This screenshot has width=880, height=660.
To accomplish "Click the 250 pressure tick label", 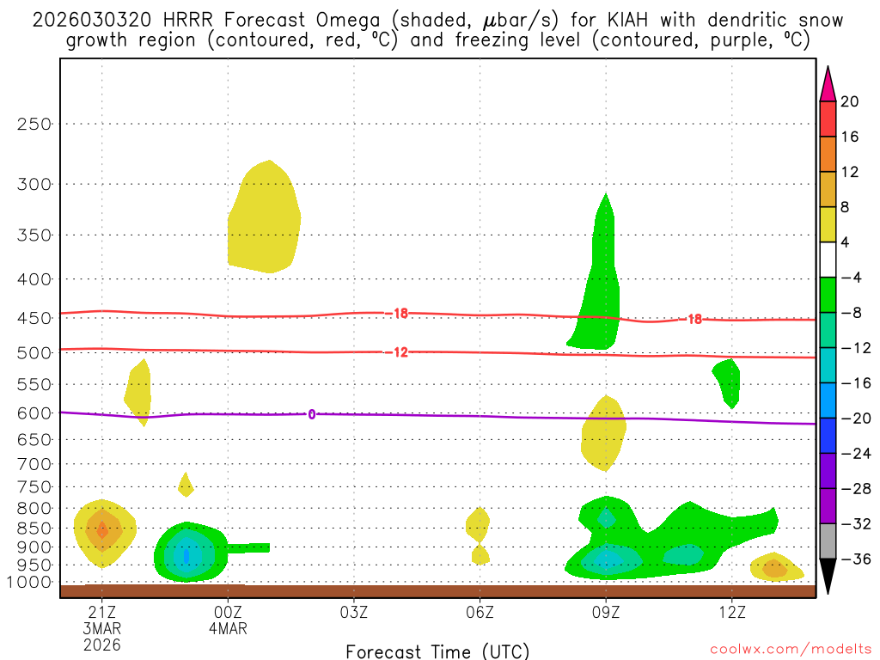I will [x=35, y=124].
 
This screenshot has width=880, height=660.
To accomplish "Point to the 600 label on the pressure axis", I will [x=35, y=413].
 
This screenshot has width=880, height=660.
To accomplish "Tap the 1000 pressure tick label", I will [x=31, y=583].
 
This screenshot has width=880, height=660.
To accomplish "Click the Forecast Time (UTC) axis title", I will [x=437, y=651].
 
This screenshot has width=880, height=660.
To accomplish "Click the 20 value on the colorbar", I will [x=849, y=102].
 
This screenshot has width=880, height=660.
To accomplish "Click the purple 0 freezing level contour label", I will [x=311, y=414].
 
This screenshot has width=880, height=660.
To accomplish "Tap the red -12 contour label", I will [x=400, y=351].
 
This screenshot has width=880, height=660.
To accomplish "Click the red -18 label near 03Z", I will [x=400, y=314].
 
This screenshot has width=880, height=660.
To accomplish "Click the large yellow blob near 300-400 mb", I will [x=265, y=219].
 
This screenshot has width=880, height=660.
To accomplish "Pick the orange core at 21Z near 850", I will [x=102, y=530].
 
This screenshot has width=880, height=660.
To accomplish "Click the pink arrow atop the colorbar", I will [x=828, y=83].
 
